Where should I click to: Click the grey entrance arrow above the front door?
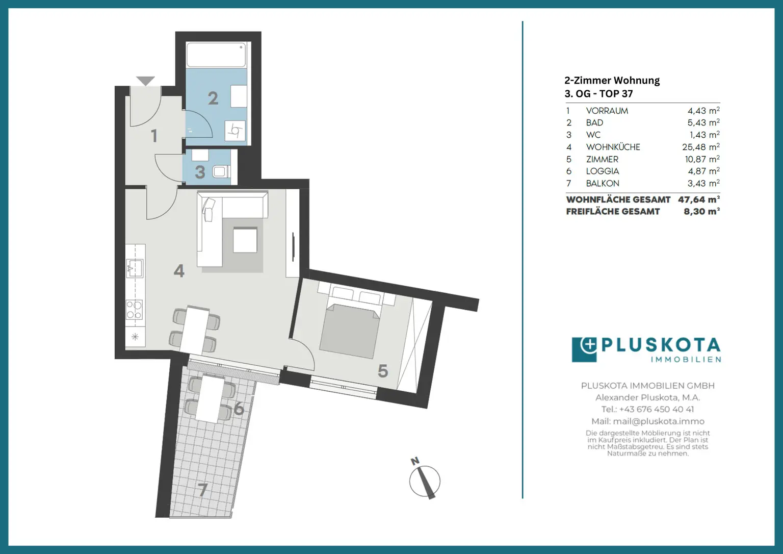pos(145,81)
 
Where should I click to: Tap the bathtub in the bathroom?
pos(216,55)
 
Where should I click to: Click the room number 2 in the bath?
pos(213,98)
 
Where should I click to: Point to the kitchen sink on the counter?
pos(135,268)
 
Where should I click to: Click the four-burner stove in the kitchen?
pos(135,310)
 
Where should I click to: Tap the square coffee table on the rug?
pos(245,240)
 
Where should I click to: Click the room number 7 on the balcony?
pos(203,490)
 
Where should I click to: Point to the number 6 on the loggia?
pos(239,408)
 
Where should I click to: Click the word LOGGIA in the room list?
pos(603,171)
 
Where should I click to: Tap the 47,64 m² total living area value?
pos(699,199)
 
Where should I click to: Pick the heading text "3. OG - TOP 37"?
pos(599,94)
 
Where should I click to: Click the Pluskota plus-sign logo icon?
pos(584,349)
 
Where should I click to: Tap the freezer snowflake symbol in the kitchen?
pos(135,337)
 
